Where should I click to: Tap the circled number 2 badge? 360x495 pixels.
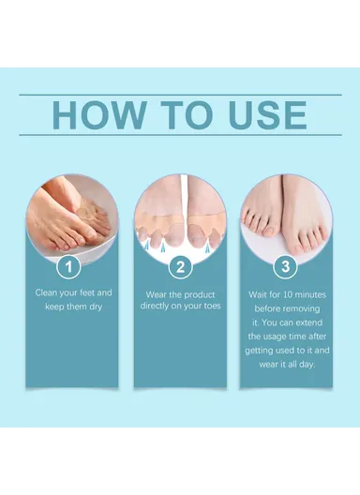[179, 267]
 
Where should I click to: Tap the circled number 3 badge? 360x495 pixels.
[287, 267]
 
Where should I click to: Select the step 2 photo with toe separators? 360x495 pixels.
[179, 216]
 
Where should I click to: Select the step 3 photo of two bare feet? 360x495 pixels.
[287, 216]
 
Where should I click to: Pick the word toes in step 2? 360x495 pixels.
[209, 306]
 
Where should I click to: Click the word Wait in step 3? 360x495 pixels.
[260, 292]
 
